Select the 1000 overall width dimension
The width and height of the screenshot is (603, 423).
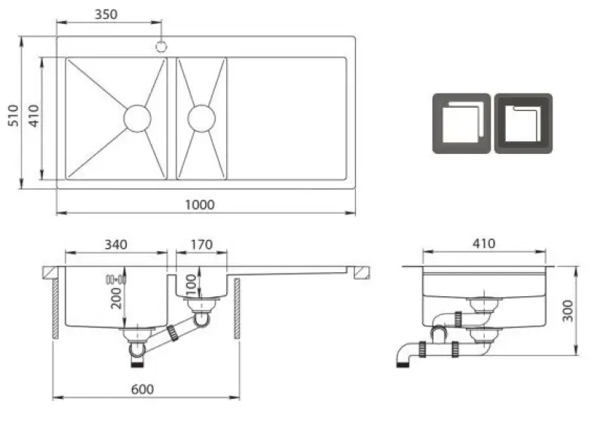click(200, 204)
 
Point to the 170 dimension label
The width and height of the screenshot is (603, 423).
click(201, 244)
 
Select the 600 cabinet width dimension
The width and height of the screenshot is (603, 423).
click(142, 389)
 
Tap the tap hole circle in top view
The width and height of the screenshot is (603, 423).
click(161, 47)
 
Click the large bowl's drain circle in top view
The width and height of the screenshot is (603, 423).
click(136, 118)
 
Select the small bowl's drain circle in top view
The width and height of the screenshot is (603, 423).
click(201, 118)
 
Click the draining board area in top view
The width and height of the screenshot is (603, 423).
click(286, 118)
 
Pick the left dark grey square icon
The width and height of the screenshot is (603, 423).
click(461, 124)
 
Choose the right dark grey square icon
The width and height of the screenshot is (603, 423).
click(522, 124)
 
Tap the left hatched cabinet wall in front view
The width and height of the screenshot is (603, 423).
click(55, 308)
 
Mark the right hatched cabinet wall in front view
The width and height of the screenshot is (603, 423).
click(237, 308)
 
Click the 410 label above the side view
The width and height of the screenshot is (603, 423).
click(483, 244)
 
